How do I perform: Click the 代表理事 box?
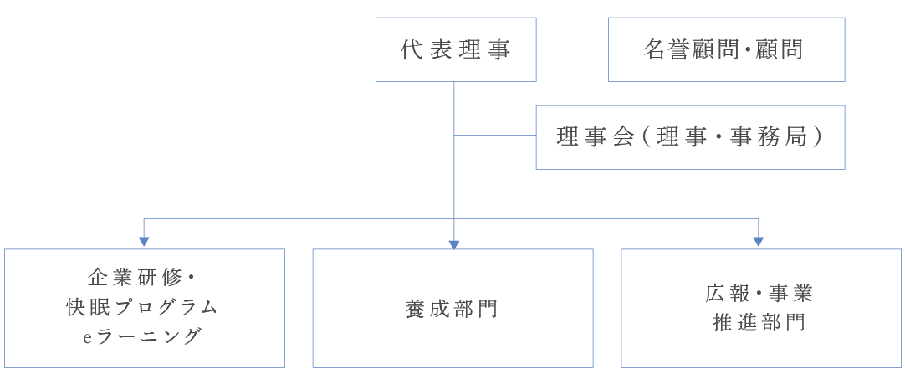pos(456,49)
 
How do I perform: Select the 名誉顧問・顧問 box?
pos(725,49)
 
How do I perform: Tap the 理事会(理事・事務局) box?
pos(690,137)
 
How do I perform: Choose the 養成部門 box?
pos(452,308)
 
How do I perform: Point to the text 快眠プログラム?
pos(142,307)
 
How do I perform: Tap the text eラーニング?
pos(143,336)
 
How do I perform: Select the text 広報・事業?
pos(759,294)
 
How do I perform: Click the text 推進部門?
pos(759,323)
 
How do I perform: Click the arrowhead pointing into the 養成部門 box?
pos(454,244)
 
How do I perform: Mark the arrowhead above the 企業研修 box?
pos(144,242)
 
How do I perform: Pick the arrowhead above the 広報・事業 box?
pos(759,242)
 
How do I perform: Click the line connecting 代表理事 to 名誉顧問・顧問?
pos(572,49)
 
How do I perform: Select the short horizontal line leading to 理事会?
pos(494,136)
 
